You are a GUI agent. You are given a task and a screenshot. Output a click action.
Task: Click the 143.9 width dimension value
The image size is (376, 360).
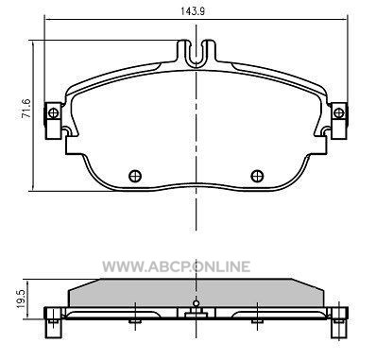point(193,11)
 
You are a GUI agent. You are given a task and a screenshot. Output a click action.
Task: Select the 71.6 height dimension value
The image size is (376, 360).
point(26,109)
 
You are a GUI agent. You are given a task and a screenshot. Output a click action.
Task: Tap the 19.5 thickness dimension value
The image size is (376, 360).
point(21,300)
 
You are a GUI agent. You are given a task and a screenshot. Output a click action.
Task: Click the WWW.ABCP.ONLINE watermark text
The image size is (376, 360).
point(177,266)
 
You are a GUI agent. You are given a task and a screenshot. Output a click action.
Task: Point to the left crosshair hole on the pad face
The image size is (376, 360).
point(135,176)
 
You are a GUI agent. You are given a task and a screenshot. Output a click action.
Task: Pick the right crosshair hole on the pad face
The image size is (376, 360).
point(257,176)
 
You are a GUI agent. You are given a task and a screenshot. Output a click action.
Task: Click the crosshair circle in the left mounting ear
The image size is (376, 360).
point(54,112)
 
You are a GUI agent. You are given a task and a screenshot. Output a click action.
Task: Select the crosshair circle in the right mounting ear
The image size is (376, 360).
point(339,112)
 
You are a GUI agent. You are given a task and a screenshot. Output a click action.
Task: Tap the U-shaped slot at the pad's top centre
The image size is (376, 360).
point(197,54)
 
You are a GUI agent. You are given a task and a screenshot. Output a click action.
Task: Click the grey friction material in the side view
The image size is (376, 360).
point(196,293)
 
